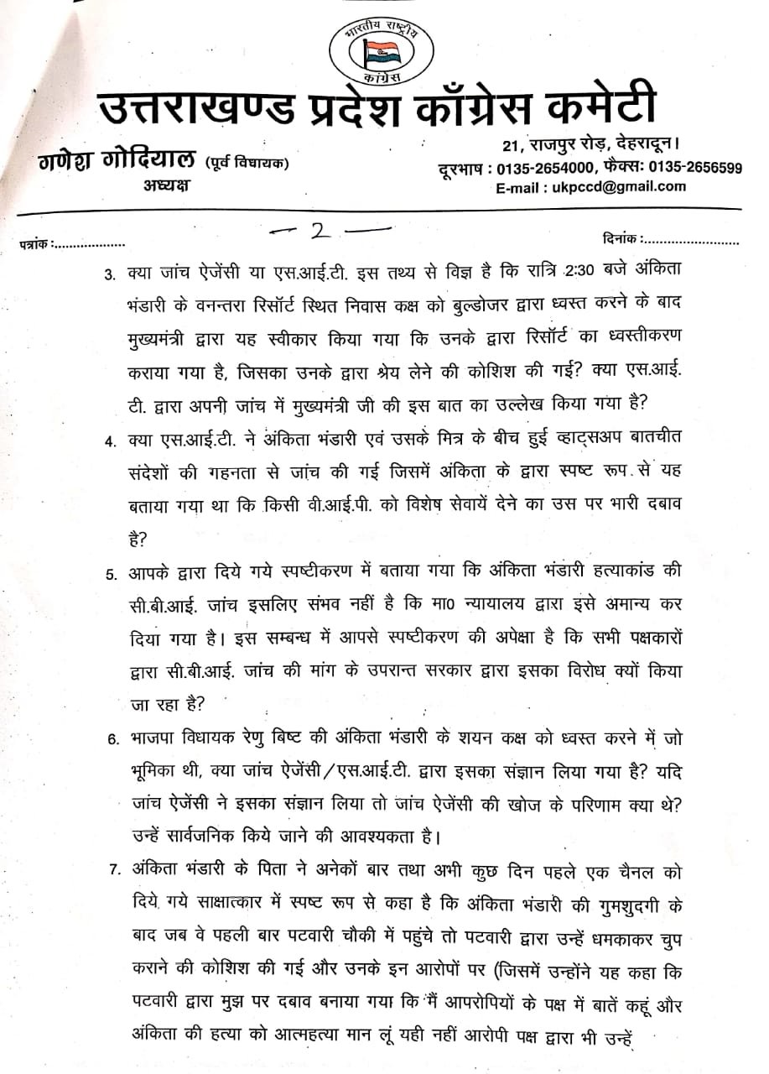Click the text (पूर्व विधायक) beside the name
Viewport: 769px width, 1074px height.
point(247,163)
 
